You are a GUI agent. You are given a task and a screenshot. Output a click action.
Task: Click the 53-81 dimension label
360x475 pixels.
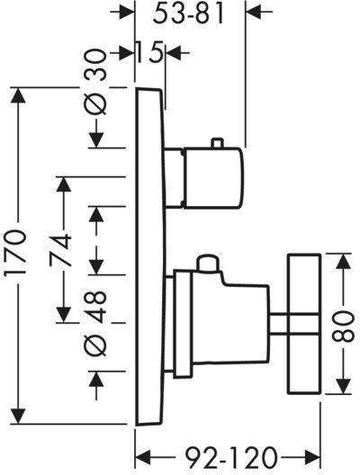pos(188,13)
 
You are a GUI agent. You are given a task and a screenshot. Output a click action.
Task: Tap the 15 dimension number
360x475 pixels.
pos(149,52)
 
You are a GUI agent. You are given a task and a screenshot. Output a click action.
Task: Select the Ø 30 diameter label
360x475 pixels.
pos(95,83)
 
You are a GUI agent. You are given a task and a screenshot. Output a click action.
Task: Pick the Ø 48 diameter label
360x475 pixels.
pos(95,324)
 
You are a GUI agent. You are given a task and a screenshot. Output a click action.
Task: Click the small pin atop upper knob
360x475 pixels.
pos(218,144)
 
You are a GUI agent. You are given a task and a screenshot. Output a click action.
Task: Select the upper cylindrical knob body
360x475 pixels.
pos(213,178)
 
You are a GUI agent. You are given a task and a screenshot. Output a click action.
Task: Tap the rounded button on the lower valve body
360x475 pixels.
pos(208,263)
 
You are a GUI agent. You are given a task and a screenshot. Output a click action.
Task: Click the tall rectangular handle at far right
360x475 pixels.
pos(304,324)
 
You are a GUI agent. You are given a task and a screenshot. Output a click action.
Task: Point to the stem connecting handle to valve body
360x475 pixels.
pos(278,324)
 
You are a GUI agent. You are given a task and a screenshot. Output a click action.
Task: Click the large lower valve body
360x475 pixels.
pos(230,318)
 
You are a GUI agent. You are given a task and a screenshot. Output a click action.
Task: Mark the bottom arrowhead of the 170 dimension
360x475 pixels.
pos(18,417)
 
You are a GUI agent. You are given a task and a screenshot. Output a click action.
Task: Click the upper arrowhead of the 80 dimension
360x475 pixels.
pos(343,261)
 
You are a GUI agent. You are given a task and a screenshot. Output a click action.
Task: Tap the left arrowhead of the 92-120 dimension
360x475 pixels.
pos(143,458)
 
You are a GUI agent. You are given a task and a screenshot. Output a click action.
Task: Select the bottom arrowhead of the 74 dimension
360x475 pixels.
pos(64,315)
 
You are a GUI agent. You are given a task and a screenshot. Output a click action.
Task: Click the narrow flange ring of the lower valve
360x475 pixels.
pos(183,324)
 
